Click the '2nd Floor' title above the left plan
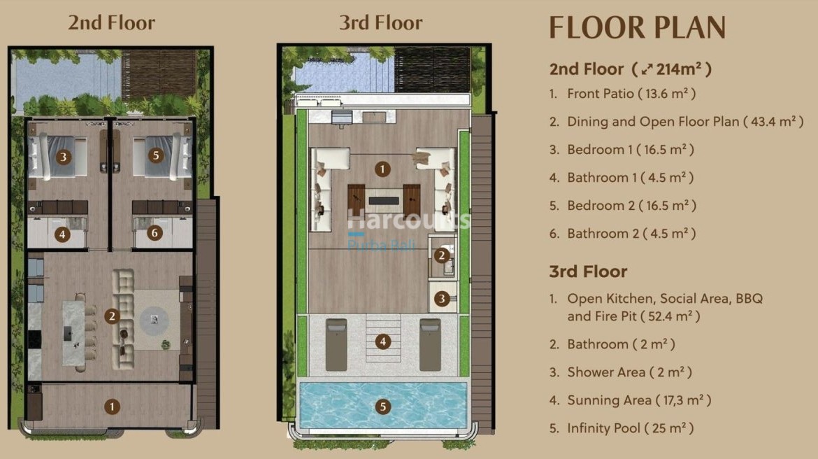coord(111,22)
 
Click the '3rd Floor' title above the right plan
coord(380,22)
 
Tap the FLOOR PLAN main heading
coord(637,27)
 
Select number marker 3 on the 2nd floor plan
coord(64,157)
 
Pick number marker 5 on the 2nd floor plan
coord(155,155)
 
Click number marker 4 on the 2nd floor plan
coord(63,234)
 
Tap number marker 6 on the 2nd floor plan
coord(155,234)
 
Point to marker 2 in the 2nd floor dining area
coord(111,316)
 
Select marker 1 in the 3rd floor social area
coord(382,169)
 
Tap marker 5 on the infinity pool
coord(382,407)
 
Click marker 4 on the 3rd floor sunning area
coord(382,341)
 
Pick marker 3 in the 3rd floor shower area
coord(441,299)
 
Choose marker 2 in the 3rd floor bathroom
coord(441,255)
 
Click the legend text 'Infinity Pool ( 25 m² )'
coord(630,428)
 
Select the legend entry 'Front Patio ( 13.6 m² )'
coord(631,93)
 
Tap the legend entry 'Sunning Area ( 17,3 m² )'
coord(639,400)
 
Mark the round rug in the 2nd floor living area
coord(154,321)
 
